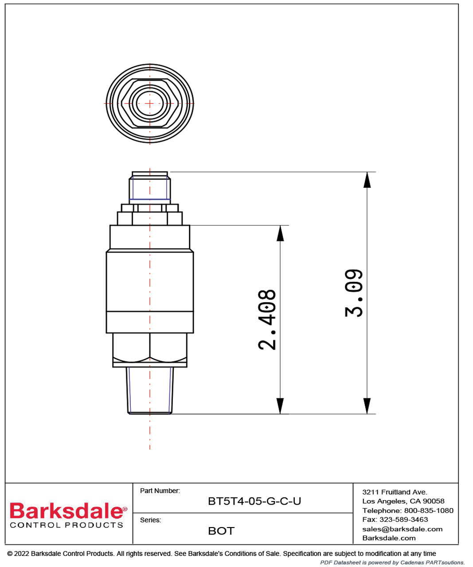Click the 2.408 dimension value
click(x=267, y=320)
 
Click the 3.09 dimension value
click(x=354, y=293)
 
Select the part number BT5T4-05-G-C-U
click(x=254, y=501)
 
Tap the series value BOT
click(x=221, y=531)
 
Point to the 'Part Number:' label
click(x=160, y=491)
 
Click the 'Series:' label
click(x=150, y=520)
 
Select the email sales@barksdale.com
click(x=402, y=529)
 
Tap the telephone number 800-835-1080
click(x=428, y=510)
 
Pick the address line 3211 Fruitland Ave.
click(x=395, y=492)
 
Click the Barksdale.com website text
click(x=389, y=538)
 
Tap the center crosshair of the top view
click(x=150, y=104)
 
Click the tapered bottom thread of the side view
click(x=150, y=390)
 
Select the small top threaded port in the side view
click(x=150, y=188)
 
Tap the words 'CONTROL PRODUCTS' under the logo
click(x=66, y=525)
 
